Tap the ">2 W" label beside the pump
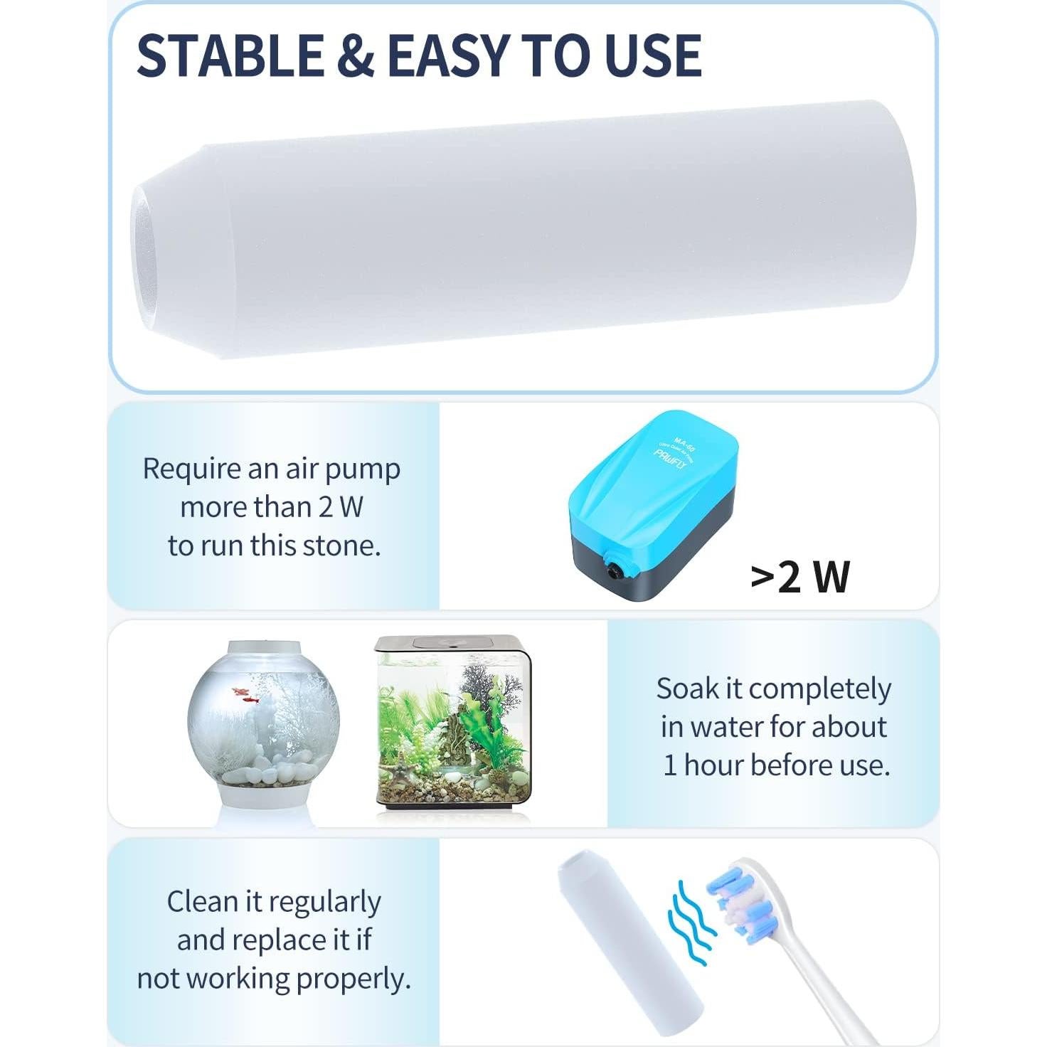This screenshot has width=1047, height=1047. (x=800, y=576)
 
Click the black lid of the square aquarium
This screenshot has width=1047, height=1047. (x=452, y=644)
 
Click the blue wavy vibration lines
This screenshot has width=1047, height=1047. (x=690, y=921)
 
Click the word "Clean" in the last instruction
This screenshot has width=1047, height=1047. (x=203, y=902)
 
